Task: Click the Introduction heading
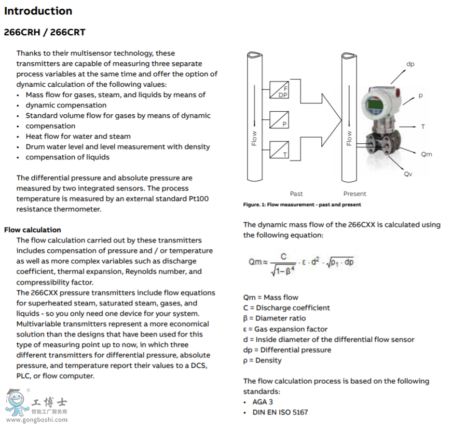point(38,11)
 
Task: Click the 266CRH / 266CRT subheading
point(45,32)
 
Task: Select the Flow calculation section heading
point(32,230)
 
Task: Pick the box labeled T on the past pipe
point(279,150)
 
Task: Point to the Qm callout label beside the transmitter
point(426,154)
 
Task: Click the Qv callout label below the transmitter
point(408,174)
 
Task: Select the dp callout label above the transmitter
point(410,64)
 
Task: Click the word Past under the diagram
point(296,194)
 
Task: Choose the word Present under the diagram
point(354,194)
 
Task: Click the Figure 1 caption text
point(302,205)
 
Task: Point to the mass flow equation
point(301,262)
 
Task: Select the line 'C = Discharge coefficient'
point(286,308)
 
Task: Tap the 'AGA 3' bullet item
point(263,402)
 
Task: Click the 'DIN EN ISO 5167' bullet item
point(281,412)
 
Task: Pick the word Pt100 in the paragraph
point(198,198)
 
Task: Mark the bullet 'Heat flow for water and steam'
point(78,136)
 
